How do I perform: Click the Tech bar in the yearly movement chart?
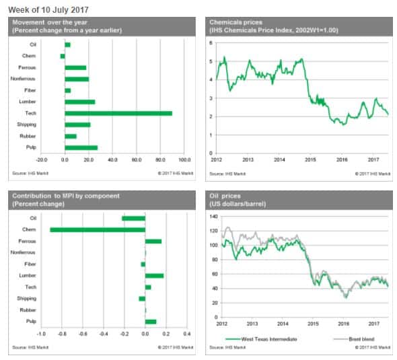pos(118,113)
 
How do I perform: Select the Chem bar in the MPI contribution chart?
pos(98,229)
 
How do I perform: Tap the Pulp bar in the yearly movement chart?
pos(81,147)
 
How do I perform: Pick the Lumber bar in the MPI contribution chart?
pos(154,275)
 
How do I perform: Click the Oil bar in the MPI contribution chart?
pos(133,218)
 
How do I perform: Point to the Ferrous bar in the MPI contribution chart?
pos(153,241)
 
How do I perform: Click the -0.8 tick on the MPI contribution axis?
pos(62,333)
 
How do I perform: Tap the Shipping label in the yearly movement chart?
pos(27,124)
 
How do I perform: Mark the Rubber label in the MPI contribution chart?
pos(28,310)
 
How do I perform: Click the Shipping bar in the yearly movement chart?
pos(77,124)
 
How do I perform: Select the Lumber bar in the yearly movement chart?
pos(79,102)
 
